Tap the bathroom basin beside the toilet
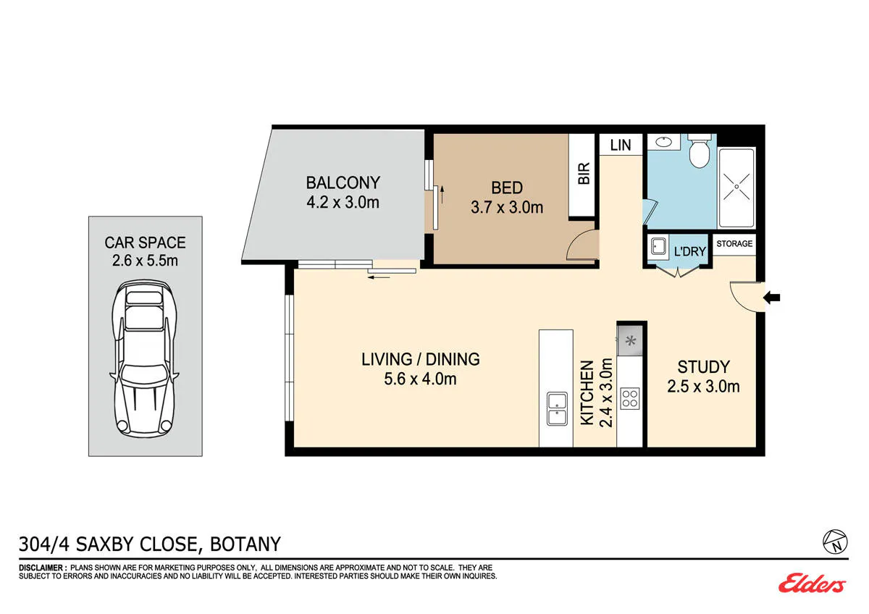(x=664, y=142)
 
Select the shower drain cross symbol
(x=736, y=186)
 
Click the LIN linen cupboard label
(x=621, y=145)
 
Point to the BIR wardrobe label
(x=584, y=173)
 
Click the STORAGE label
(x=734, y=243)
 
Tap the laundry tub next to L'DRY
(x=658, y=246)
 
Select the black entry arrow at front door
(x=772, y=298)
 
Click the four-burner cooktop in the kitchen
(x=629, y=399)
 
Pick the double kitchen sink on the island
(x=557, y=409)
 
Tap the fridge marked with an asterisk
(x=630, y=341)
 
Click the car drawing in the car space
(x=145, y=359)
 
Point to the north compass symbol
(x=835, y=542)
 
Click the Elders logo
(x=812, y=583)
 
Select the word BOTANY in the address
(x=245, y=544)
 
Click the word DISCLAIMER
(x=41, y=568)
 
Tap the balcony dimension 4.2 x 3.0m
(x=343, y=203)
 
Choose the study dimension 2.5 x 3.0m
(x=703, y=387)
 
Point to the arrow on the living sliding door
(x=379, y=277)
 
